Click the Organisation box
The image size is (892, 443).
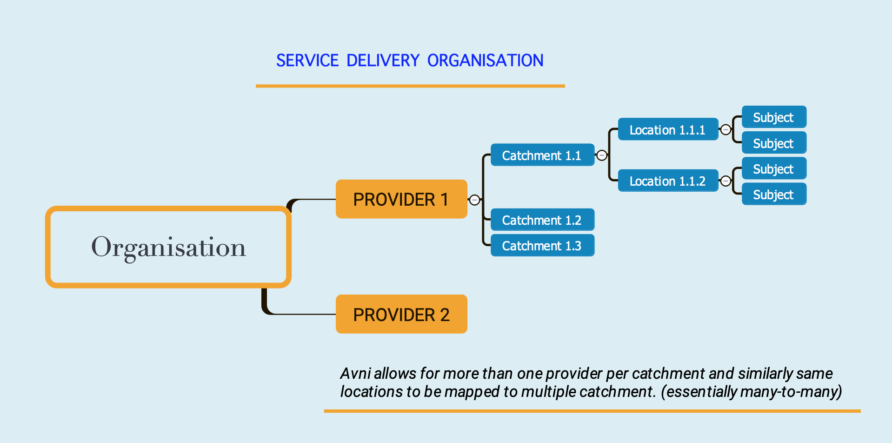pyautogui.click(x=168, y=247)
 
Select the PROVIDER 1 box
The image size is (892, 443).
pyautogui.click(x=401, y=199)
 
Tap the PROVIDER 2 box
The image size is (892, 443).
pyautogui.click(x=401, y=314)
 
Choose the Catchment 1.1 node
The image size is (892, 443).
pyautogui.click(x=542, y=155)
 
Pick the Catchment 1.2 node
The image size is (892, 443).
pyautogui.click(x=542, y=220)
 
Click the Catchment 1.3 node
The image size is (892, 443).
pyautogui.click(x=542, y=245)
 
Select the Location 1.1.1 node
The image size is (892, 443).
pyautogui.click(x=668, y=129)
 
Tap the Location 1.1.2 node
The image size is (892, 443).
pyautogui.click(x=668, y=181)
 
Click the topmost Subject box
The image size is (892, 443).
pyautogui.click(x=774, y=117)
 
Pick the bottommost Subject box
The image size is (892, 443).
pyautogui.click(x=774, y=194)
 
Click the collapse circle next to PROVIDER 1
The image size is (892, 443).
pyautogui.click(x=474, y=200)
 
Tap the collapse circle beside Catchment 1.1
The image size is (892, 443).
pyautogui.click(x=602, y=155)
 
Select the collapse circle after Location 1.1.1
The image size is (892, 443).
pyautogui.click(x=726, y=130)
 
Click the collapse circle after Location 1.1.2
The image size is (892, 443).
pyautogui.click(x=726, y=181)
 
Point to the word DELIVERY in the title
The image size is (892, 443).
pyautogui.click(x=383, y=60)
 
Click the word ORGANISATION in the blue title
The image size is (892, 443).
pyautogui.click(x=485, y=60)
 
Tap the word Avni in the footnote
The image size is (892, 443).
pyautogui.click(x=355, y=373)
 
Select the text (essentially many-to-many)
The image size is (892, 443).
pyautogui.click(x=751, y=392)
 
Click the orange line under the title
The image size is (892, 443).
pyautogui.click(x=410, y=86)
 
